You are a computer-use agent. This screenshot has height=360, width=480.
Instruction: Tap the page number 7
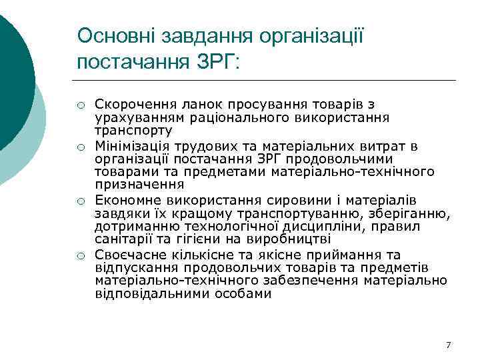coord(448,345)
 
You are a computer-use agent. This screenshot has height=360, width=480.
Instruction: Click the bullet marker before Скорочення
coord(80,105)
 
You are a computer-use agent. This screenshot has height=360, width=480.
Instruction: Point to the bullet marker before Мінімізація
coord(80,147)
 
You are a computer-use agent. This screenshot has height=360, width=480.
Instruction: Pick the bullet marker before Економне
coord(80,200)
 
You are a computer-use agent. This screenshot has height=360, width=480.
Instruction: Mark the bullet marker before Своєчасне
coord(80,255)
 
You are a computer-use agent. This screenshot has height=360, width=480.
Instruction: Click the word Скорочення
coord(131,104)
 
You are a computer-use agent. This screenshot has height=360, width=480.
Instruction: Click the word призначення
coord(130,185)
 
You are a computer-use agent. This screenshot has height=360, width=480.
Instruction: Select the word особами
coord(242,293)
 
